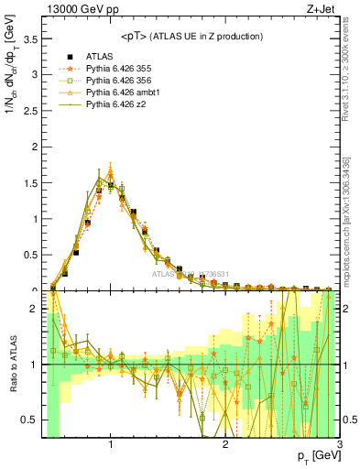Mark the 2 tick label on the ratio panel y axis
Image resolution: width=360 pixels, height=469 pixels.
coord(34,309)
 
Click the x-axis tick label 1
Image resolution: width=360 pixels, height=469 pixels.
coord(111,446)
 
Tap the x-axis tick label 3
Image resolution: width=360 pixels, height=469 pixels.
coord(339,446)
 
